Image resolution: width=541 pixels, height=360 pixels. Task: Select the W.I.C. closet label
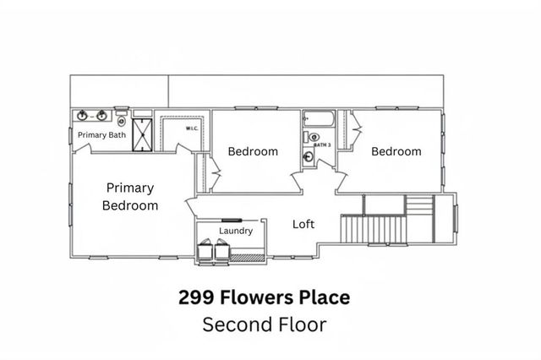click(192, 128)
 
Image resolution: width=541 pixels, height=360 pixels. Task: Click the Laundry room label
click(236, 231)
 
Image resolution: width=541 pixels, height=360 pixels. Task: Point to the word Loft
click(303, 224)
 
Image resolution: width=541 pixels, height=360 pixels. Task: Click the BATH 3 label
click(321, 145)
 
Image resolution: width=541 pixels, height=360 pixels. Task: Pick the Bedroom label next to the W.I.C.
click(253, 151)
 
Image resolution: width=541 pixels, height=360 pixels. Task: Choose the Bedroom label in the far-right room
click(396, 151)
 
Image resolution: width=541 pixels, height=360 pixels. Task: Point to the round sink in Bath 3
click(314, 136)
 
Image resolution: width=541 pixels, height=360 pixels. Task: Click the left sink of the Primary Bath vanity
click(82, 116)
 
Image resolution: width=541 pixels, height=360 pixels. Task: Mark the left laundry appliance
click(207, 250)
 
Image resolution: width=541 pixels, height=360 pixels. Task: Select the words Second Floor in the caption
click(264, 324)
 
